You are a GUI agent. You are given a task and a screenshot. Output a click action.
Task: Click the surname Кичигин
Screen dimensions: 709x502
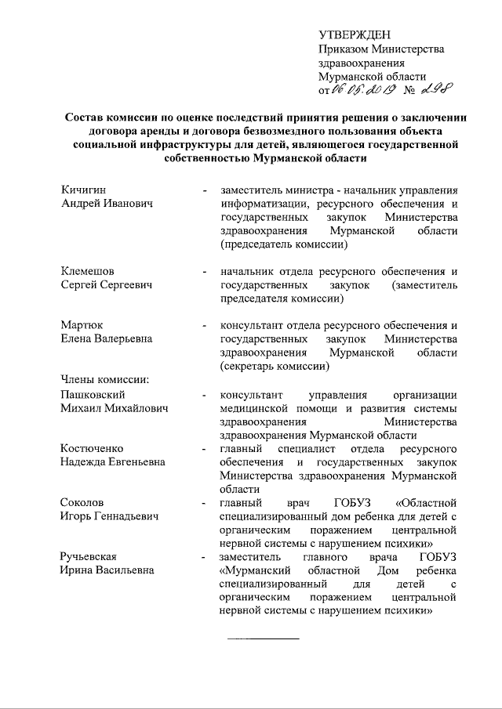coord(84,190)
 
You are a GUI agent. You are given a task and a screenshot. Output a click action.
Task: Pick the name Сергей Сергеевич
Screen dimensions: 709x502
coord(106,285)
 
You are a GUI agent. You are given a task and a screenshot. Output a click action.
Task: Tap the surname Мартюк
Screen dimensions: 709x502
coord(82,325)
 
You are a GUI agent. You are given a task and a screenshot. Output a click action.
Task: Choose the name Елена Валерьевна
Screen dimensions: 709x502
coord(107,339)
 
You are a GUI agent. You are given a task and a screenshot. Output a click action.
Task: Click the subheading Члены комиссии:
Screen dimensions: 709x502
coord(104,381)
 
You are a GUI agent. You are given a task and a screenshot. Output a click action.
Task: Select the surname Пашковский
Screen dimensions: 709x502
coord(93,395)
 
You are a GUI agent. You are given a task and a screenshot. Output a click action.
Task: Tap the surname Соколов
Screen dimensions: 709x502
coord(83,502)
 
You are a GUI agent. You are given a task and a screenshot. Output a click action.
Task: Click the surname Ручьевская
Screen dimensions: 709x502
coord(93,555)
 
